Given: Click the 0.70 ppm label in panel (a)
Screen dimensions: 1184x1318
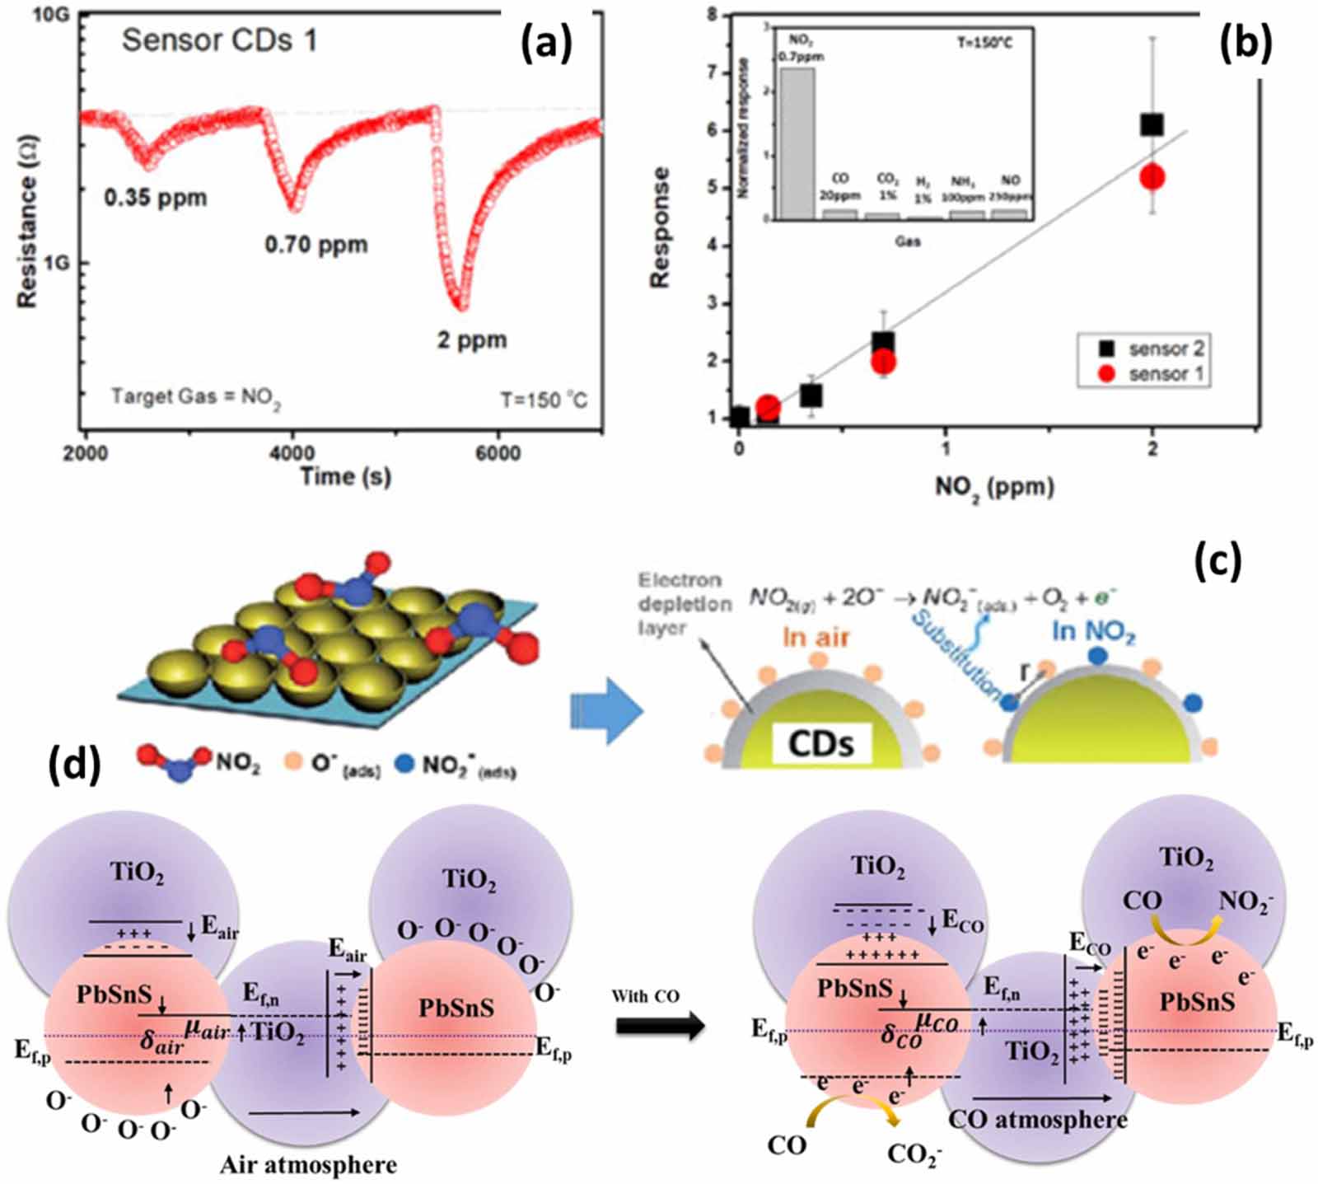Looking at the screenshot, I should pos(315,245).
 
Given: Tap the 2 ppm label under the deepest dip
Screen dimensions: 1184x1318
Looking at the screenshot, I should pos(471,339).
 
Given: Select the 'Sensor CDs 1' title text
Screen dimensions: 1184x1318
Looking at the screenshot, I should pos(219,40).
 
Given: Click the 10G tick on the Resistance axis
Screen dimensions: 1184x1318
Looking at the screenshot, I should pos(51,16).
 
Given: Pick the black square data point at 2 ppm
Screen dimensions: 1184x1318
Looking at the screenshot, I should pos(1151,124).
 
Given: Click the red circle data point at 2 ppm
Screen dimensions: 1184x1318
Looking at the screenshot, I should pos(1152,176).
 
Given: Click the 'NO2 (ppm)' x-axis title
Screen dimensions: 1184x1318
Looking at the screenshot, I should pos(994,488).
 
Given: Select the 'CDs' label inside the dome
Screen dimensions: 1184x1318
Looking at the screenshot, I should pos(820,742).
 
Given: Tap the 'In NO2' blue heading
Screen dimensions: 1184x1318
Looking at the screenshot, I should pos(1093,633).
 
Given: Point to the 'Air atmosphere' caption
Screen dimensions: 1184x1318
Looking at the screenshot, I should pos(308,1164).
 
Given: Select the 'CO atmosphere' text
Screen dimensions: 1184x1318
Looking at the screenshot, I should pos(1037,1119).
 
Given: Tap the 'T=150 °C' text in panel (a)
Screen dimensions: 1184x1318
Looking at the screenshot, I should pos(544,400).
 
